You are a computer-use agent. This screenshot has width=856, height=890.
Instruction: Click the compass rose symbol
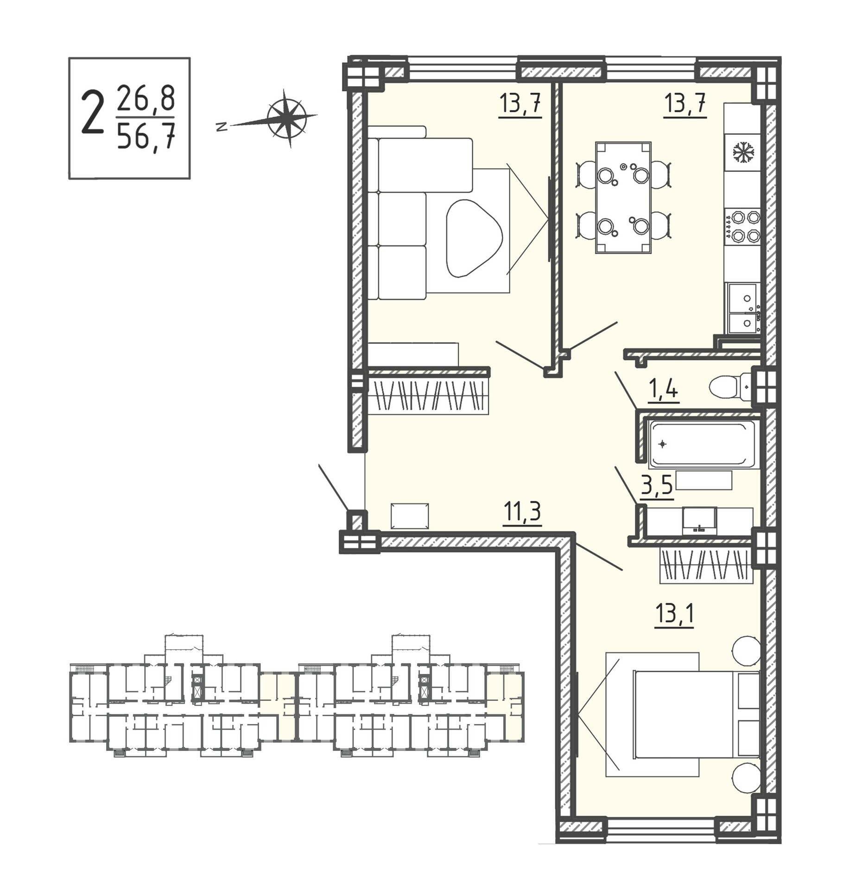click(x=287, y=118)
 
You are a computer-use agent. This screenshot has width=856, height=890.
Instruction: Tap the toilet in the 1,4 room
click(x=730, y=386)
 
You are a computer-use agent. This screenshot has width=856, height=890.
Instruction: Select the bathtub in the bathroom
click(x=704, y=444)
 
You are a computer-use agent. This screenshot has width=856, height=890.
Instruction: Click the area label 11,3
click(x=522, y=513)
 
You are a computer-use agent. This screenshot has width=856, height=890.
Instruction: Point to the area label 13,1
click(x=674, y=615)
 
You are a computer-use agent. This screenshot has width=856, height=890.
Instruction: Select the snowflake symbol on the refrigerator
click(x=743, y=152)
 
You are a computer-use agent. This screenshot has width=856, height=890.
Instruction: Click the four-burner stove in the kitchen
click(x=742, y=227)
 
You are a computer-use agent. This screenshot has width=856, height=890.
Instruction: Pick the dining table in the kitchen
click(x=623, y=197)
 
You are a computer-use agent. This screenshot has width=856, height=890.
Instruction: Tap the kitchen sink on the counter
click(x=743, y=308)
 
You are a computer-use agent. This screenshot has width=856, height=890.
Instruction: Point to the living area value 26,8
click(x=146, y=98)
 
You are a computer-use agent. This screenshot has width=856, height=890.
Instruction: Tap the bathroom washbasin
click(x=699, y=521)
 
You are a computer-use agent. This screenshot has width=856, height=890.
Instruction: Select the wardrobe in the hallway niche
click(x=428, y=396)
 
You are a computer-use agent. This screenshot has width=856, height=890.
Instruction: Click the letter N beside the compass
click(x=222, y=127)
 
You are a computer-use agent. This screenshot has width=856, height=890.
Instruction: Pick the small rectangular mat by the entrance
click(x=409, y=516)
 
